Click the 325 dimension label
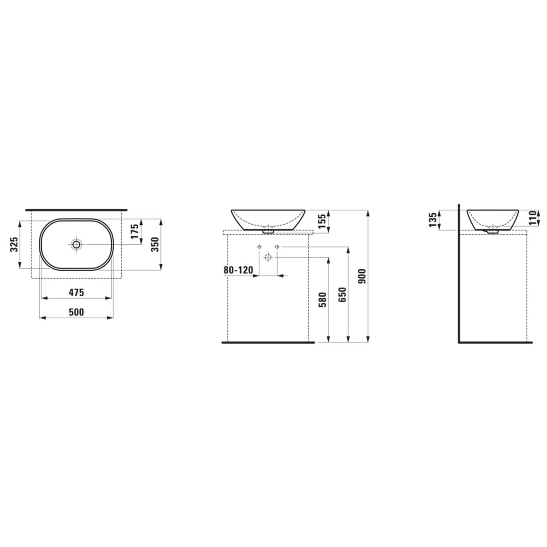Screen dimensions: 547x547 pos(14,244)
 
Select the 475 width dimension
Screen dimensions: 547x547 pos(77,292)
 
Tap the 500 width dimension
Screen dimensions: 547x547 pos(77,312)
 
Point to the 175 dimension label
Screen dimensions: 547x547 pos(135,231)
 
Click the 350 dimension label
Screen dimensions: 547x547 pos(155,244)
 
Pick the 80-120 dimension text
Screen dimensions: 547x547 pos(238,270)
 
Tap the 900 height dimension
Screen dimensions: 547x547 pos(363,276)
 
